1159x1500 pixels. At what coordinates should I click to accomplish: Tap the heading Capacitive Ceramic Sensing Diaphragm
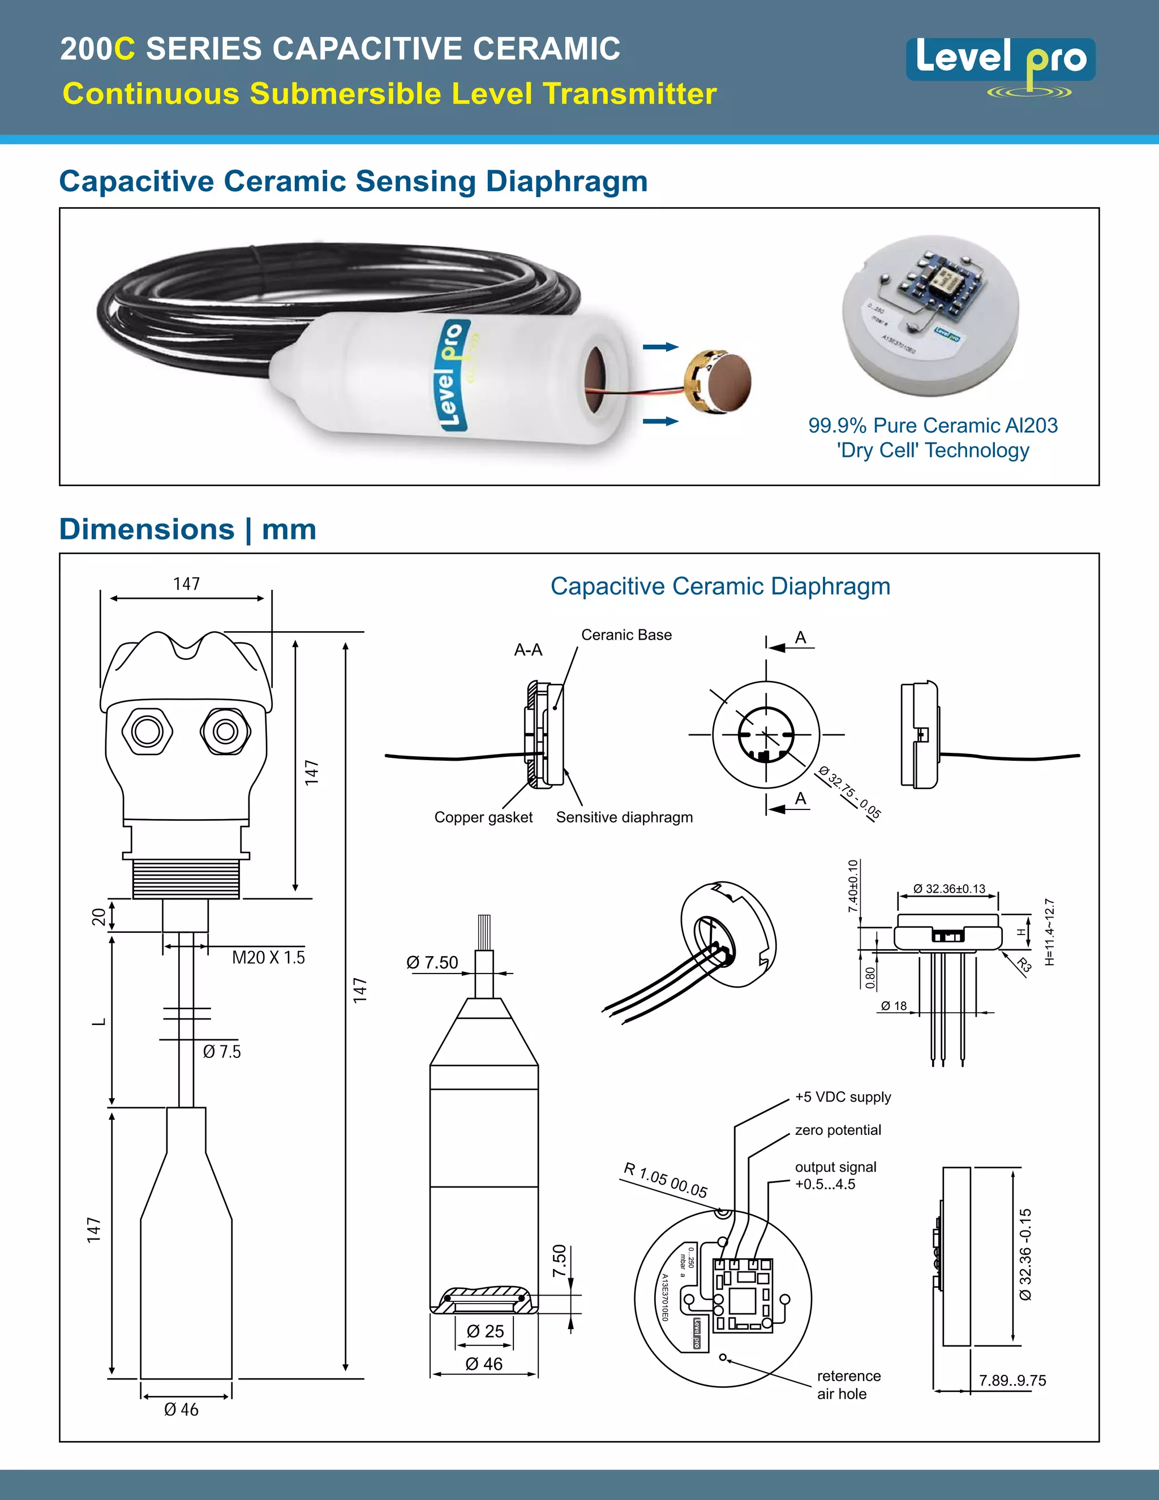pos(353,181)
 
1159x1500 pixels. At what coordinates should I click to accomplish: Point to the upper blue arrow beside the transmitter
pos(660,347)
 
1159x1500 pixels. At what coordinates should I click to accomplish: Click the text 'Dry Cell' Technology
pos(933,451)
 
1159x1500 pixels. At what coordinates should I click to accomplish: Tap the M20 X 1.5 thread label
pos(268,957)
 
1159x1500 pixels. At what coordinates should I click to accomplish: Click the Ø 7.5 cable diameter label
pos(222,1052)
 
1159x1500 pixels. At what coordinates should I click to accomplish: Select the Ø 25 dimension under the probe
pos(485,1331)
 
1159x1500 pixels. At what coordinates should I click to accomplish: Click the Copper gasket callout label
pos(483,817)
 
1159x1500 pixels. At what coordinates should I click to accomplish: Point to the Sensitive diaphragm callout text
pos(624,817)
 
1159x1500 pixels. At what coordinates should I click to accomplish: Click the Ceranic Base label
pos(626,635)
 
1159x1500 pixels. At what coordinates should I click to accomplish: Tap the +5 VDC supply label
pos(843,1097)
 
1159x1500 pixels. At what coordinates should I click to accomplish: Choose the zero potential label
pos(838,1130)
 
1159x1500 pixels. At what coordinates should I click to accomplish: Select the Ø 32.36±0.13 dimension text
pos(949,889)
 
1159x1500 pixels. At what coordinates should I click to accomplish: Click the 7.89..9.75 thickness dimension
pos(1012,1381)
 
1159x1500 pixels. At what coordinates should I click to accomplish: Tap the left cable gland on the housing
pos(147,731)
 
